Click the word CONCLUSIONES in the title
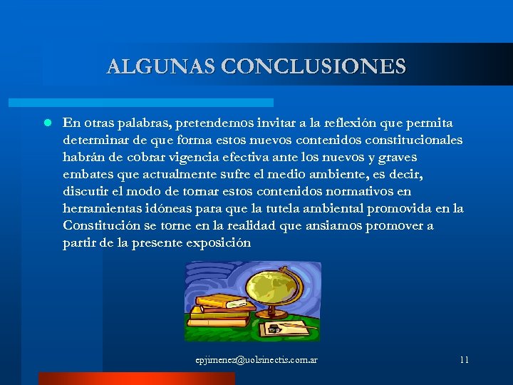click(313, 67)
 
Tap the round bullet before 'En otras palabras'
click(46, 123)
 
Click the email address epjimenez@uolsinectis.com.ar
click(256, 360)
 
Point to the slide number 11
click(464, 360)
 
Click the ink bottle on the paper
click(274, 329)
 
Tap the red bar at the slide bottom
click(135, 379)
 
